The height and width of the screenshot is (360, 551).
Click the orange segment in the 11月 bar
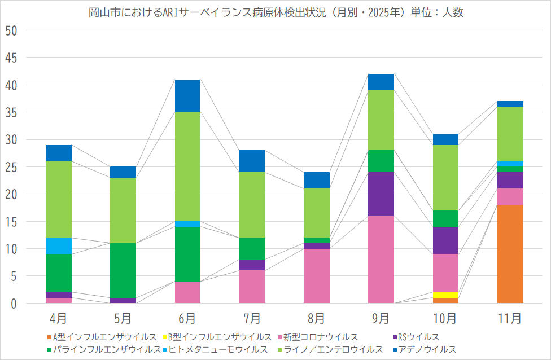click(510, 254)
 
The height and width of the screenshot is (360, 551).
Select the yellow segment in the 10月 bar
click(445, 295)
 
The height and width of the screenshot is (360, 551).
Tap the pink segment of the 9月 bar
click(381, 260)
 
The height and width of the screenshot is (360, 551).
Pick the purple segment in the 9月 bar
click(381, 194)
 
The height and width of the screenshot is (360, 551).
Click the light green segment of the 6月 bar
click(187, 166)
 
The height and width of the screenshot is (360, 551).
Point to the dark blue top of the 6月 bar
click(187, 96)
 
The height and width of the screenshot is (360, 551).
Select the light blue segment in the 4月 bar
click(59, 246)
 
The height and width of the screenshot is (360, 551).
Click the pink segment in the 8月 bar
click(317, 276)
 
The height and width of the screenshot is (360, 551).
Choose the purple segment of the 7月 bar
click(252, 265)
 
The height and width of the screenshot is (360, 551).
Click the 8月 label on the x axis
click(317, 319)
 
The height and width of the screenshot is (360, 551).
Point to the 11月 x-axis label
click(510, 319)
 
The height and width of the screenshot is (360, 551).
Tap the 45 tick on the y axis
click(11, 58)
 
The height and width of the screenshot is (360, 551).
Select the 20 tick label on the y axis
click(11, 195)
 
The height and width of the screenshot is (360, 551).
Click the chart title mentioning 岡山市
click(275, 12)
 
